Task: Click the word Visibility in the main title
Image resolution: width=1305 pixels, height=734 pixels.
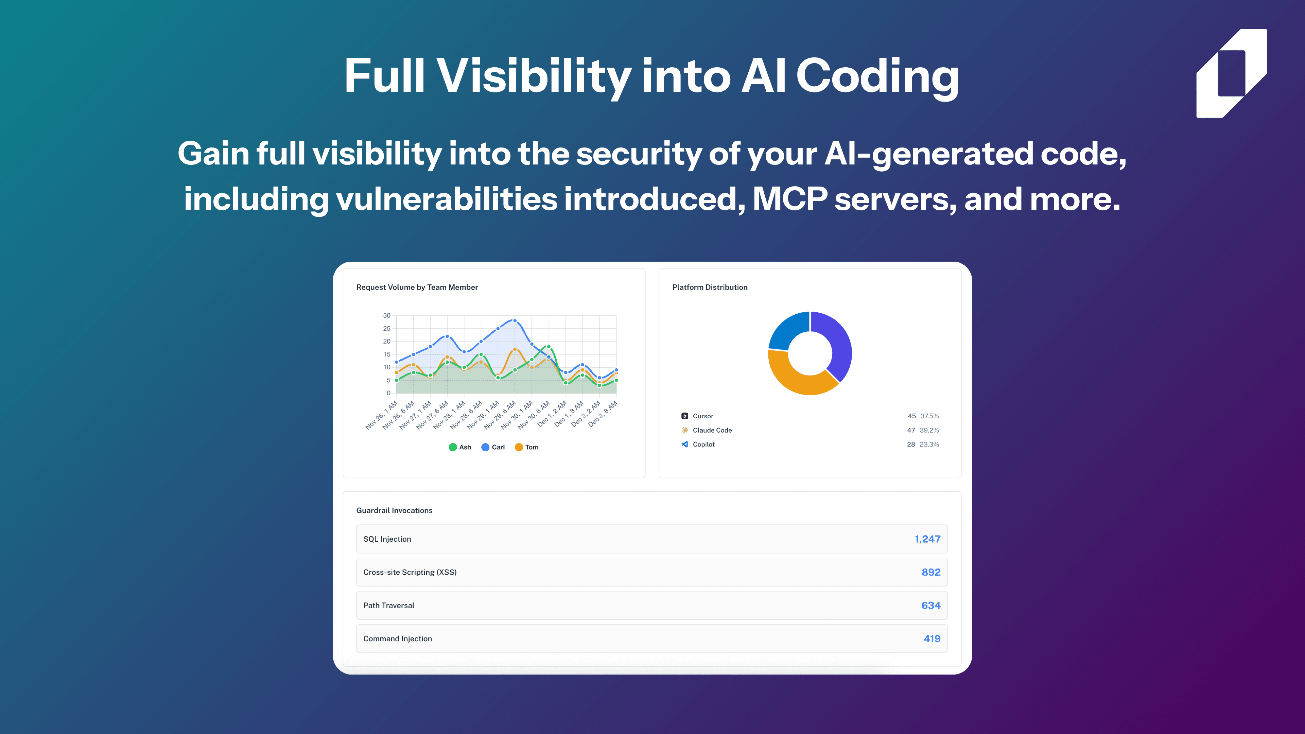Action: (534, 76)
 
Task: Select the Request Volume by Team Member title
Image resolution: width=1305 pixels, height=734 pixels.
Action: (417, 287)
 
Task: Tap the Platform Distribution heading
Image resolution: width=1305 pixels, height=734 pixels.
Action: (710, 287)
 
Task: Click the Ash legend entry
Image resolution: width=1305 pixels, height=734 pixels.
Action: (460, 447)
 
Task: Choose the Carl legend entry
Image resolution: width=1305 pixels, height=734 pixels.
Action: (493, 447)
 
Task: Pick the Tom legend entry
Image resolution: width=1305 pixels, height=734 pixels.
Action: (527, 447)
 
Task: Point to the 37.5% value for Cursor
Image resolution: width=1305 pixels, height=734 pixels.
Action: (929, 416)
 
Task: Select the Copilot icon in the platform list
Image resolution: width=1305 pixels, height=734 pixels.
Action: (685, 444)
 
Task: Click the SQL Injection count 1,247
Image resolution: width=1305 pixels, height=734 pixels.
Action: (927, 539)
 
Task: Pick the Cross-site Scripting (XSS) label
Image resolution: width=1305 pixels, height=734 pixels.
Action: (410, 572)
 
